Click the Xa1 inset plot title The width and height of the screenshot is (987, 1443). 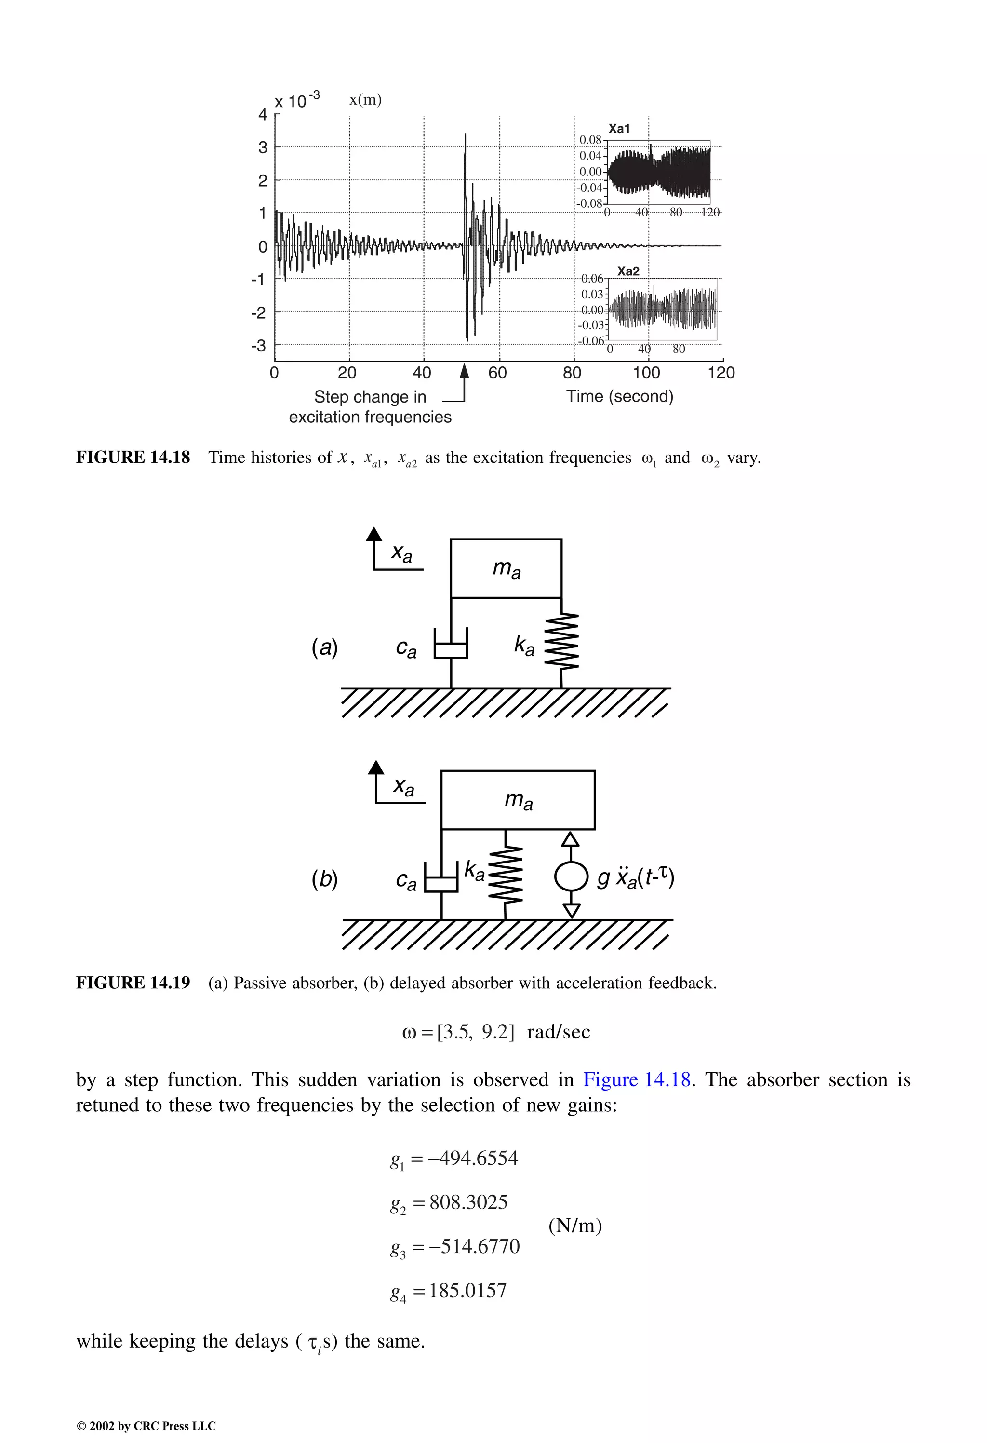(x=619, y=129)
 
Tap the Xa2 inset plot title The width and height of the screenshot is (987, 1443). (x=628, y=271)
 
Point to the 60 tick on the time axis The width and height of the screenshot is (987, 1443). (x=498, y=373)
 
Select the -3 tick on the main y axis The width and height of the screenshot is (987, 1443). (x=259, y=345)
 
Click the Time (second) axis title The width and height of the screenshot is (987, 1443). (x=619, y=396)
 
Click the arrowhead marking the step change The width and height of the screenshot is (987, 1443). (x=464, y=371)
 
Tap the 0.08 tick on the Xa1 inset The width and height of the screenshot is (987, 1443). (x=590, y=140)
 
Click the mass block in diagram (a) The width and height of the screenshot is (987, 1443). (x=506, y=568)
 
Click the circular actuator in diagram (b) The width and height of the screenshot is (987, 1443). (x=571, y=876)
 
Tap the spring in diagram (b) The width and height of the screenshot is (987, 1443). (x=506, y=876)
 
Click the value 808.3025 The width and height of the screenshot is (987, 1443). (x=468, y=1202)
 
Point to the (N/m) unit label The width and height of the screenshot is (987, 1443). (x=575, y=1225)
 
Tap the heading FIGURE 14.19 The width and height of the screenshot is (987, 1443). (x=133, y=983)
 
